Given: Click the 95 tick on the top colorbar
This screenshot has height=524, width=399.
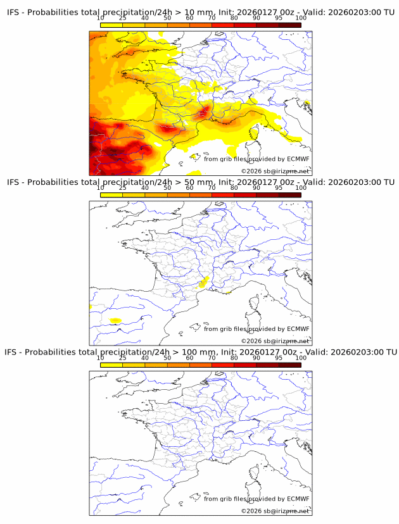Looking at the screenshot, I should tap(279, 18).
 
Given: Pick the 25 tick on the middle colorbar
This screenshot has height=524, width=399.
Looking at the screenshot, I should tap(122, 188).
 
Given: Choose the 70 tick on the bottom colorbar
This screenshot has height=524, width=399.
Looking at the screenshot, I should tap(212, 358).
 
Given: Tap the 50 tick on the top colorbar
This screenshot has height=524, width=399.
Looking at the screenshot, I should tap(167, 18).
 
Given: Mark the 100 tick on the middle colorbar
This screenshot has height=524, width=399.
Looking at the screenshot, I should tap(300, 188).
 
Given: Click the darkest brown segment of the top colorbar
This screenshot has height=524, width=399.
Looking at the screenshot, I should tap(289, 25).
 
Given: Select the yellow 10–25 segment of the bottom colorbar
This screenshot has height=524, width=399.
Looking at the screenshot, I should tap(111, 365).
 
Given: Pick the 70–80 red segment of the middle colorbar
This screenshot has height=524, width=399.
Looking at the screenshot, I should tap(223, 196).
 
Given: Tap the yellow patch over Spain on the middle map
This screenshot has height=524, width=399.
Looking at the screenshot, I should tap(115, 321).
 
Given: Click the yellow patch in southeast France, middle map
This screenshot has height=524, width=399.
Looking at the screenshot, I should tap(204, 282).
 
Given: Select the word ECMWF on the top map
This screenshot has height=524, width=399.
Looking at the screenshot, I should tap(298, 159).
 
